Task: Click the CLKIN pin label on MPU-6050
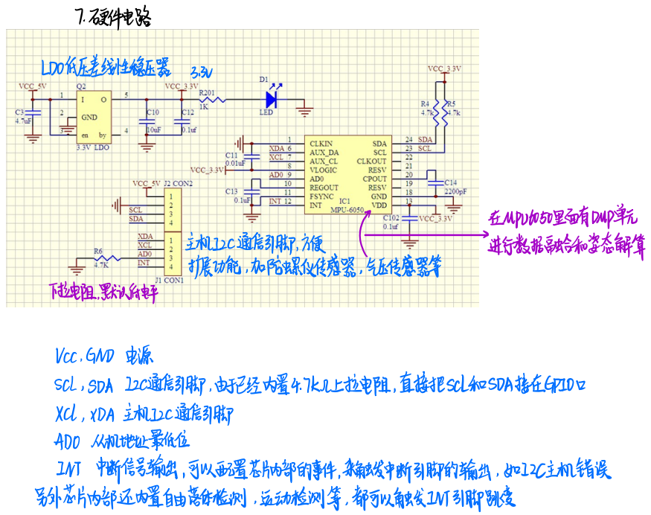click(321, 143)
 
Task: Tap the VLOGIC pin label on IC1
click(324, 170)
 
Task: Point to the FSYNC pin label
click(322, 196)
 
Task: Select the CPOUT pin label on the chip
click(375, 179)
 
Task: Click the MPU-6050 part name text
click(347, 211)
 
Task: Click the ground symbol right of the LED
click(304, 112)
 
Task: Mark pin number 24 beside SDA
click(408, 139)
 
